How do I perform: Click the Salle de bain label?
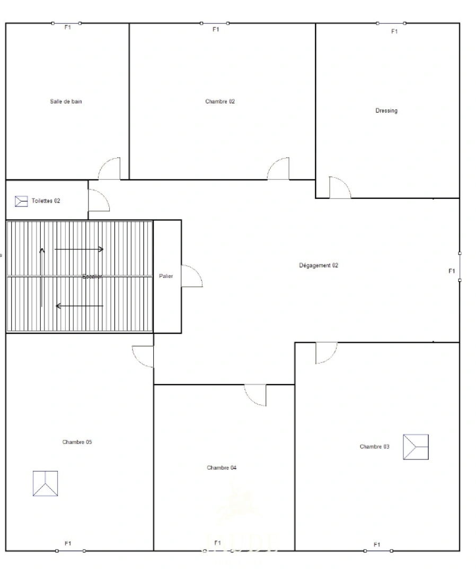66,101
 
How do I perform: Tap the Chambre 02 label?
220,101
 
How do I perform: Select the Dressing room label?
386,111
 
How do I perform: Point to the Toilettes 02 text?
46,201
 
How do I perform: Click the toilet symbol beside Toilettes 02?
21,201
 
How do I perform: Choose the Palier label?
166,276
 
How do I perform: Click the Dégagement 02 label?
319,265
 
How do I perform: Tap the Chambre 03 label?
374,447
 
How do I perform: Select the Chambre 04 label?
222,467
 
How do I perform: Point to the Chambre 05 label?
77,442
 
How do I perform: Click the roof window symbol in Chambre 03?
416,447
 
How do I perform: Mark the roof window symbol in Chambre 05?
45,483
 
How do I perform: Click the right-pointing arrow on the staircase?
79,249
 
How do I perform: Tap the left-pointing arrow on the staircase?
79,306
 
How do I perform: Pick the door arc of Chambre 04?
255,395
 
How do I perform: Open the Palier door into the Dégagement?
191,276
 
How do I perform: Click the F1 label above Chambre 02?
216,30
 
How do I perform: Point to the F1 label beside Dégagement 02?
452,271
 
